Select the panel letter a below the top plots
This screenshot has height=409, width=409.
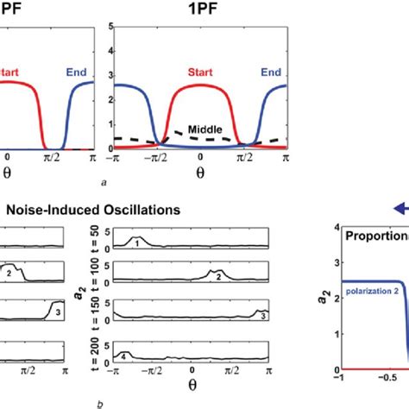point(104,183)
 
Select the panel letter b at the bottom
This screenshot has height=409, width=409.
point(103,403)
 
